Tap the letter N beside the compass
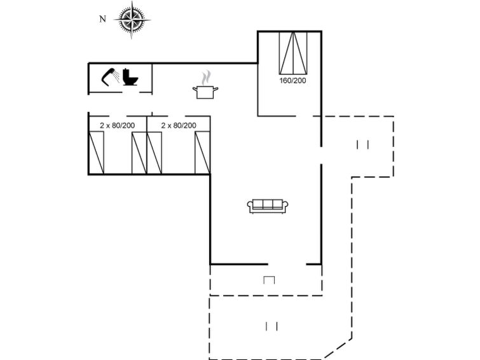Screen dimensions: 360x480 (x=102, y=19)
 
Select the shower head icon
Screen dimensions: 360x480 (x=109, y=77)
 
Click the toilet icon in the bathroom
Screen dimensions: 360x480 (x=131, y=78)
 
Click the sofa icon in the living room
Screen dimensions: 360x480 (x=268, y=205)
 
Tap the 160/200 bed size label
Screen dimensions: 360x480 (x=292, y=81)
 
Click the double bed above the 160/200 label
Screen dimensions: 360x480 (x=293, y=53)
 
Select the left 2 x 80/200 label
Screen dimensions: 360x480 (x=117, y=125)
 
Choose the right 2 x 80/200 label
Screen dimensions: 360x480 (x=178, y=125)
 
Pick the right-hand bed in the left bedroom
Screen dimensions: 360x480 (x=139, y=153)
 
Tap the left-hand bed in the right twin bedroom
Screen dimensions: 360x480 (x=155, y=153)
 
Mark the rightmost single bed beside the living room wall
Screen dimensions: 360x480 (x=202, y=153)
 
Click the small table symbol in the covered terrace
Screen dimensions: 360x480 (x=269, y=280)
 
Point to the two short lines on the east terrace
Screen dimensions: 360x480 (x=363, y=144)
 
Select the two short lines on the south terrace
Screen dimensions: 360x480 (x=271, y=326)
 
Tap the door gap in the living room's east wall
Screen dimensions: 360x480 (x=321, y=156)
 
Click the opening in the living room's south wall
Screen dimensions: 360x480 (x=287, y=263)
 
